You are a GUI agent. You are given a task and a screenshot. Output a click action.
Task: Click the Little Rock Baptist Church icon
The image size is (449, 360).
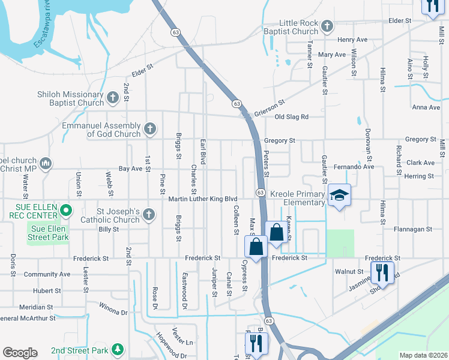[x=327, y=26]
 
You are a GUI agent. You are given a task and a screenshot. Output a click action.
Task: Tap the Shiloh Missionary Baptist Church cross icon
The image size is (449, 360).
[x=112, y=97]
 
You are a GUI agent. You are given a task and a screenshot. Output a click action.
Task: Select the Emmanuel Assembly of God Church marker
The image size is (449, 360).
[x=149, y=128]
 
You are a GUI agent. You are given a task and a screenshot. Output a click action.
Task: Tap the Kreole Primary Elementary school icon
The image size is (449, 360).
[x=339, y=194]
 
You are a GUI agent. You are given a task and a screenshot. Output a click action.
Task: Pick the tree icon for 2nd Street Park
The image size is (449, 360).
[x=119, y=350]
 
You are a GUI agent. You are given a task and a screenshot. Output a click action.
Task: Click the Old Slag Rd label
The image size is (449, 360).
[x=291, y=117]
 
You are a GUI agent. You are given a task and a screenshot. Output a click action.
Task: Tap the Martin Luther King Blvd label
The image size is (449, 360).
[x=203, y=199]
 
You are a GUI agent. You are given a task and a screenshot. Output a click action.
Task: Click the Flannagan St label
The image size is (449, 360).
[x=412, y=229]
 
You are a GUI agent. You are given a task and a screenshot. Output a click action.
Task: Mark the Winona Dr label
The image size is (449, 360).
[x=113, y=313]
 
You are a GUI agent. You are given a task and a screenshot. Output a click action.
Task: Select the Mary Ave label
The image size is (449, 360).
[x=333, y=55]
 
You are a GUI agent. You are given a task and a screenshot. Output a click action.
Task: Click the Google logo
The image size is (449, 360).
[x=20, y=353]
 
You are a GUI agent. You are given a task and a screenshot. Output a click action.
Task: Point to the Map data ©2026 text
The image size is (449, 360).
[x=423, y=355]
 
